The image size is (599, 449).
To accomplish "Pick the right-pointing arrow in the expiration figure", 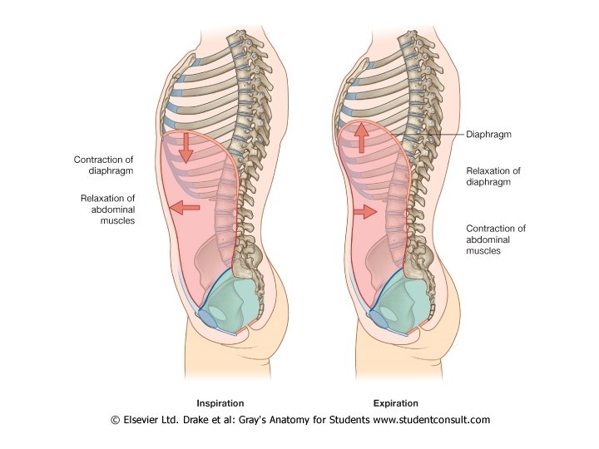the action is point(363,213).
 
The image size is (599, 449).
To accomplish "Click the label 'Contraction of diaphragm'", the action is point(105,164).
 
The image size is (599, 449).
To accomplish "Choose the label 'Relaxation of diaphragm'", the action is point(493,177).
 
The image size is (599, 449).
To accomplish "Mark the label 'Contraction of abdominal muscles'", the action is point(496,239).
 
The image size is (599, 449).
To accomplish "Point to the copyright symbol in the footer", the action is point(116,420).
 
